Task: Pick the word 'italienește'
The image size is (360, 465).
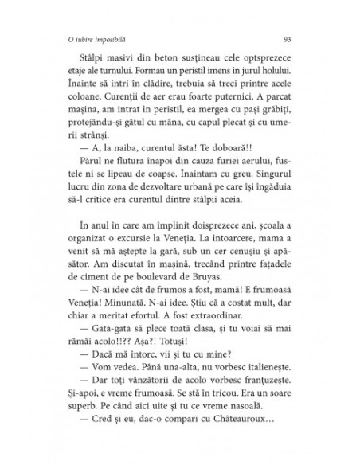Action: click(264, 396)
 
